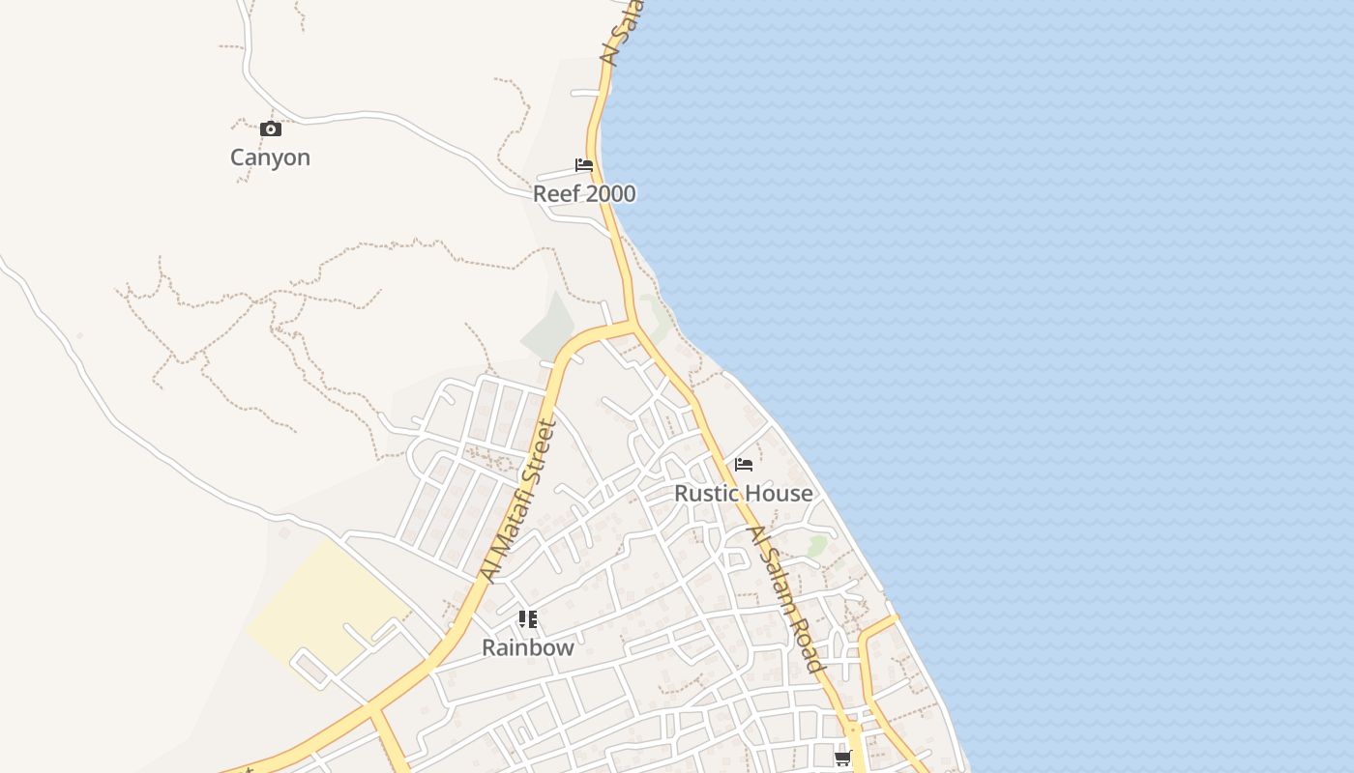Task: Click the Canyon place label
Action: [270, 157]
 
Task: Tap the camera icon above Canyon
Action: [271, 129]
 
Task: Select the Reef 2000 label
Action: [584, 193]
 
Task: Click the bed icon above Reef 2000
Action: [584, 164]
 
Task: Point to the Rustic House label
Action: [743, 493]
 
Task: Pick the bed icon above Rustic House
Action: [744, 465]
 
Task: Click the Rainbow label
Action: [527, 647]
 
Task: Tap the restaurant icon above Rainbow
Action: [527, 618]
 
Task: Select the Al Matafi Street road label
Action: [519, 501]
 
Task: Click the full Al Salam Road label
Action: [786, 599]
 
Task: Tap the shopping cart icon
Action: [842, 759]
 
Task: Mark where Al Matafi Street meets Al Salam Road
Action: [633, 325]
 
